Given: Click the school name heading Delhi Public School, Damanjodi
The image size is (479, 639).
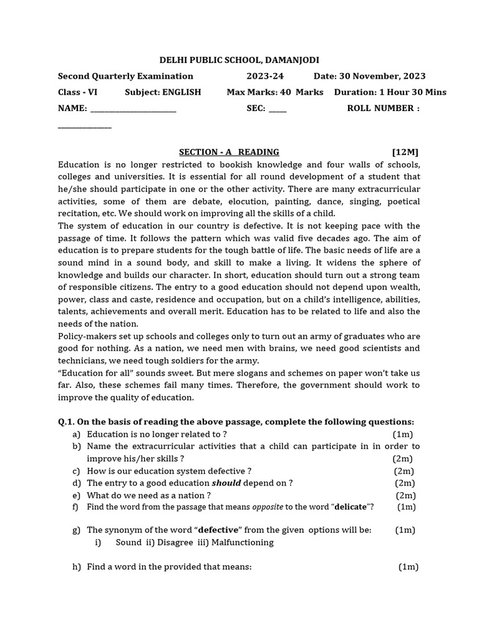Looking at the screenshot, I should tap(239, 60).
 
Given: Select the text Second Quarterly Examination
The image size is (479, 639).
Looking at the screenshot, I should tap(125, 76).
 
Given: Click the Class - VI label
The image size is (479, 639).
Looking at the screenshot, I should tap(77, 92).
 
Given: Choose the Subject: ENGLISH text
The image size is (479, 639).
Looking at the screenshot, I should tap(163, 92).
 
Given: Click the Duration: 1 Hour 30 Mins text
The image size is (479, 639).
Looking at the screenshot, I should tap(390, 92).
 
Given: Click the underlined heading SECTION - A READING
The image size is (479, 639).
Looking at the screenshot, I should tap(229, 152).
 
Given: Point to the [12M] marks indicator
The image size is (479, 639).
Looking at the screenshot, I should tap(405, 152).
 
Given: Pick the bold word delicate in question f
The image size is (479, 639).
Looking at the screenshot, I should tap(350, 507).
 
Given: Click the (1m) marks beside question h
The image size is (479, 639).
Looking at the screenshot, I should tap(409, 567).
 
